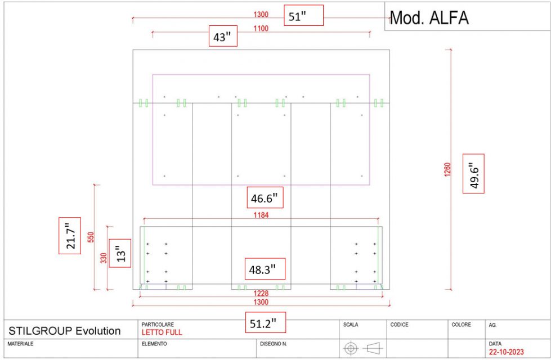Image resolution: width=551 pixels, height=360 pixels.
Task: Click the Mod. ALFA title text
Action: pos(429,18)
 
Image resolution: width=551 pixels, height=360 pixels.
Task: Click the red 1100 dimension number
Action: pos(261,29)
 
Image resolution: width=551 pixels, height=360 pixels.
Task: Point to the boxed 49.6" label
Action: pos(473,173)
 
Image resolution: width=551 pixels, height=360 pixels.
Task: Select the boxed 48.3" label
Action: pos(264,269)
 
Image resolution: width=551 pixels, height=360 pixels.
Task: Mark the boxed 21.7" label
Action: pos(70,236)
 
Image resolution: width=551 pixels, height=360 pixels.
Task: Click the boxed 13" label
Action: pos(119,253)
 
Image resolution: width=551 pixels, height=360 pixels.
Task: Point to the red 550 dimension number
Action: pos(91,237)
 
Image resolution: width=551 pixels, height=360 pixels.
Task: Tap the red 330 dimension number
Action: pos(104,259)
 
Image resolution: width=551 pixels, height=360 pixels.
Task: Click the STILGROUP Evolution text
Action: pos(65,331)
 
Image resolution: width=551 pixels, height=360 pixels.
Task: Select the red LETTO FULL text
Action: pos(162,332)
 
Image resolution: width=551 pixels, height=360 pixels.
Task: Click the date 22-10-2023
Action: pos(507,352)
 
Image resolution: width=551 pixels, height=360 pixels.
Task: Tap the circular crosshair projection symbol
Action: pos(351,348)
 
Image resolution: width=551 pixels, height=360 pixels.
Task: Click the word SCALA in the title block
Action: pos(350,325)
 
